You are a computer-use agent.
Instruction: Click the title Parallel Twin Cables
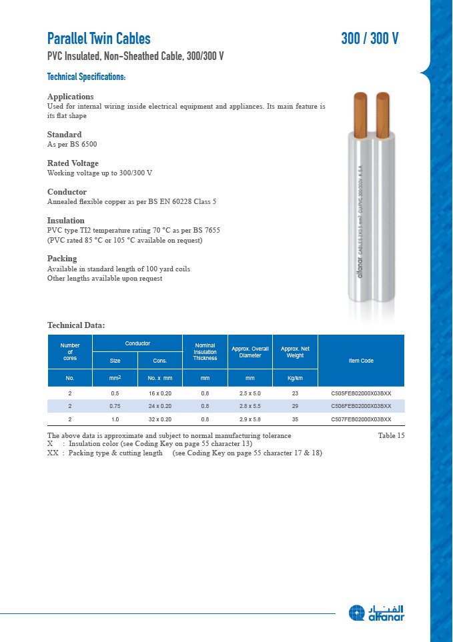pos(99,39)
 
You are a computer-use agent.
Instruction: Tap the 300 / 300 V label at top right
pos(370,39)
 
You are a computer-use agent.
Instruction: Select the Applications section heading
pos(70,97)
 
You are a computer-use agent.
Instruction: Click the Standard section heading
pos(64,135)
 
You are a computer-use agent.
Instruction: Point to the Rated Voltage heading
pos(73,163)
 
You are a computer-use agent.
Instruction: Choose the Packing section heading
pos(62,259)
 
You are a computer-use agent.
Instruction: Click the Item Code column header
pos(361,361)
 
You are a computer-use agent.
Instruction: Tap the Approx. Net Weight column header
pos(295,351)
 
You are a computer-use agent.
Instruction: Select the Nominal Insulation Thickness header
pos(205,351)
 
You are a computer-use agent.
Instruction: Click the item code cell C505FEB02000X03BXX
pos(361,393)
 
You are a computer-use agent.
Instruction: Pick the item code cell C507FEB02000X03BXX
pos(361,419)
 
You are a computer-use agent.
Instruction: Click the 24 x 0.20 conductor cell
pos(159,406)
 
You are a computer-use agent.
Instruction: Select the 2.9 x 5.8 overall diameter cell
pos(250,419)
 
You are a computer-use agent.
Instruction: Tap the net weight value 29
pos(295,406)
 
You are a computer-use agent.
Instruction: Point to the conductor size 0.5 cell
pos(115,393)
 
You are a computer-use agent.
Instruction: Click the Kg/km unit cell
pos(295,378)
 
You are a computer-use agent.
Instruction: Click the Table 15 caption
pos(391,435)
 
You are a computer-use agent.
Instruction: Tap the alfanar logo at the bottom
pos(376,613)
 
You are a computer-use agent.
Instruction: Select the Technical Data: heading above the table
pos(76,325)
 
